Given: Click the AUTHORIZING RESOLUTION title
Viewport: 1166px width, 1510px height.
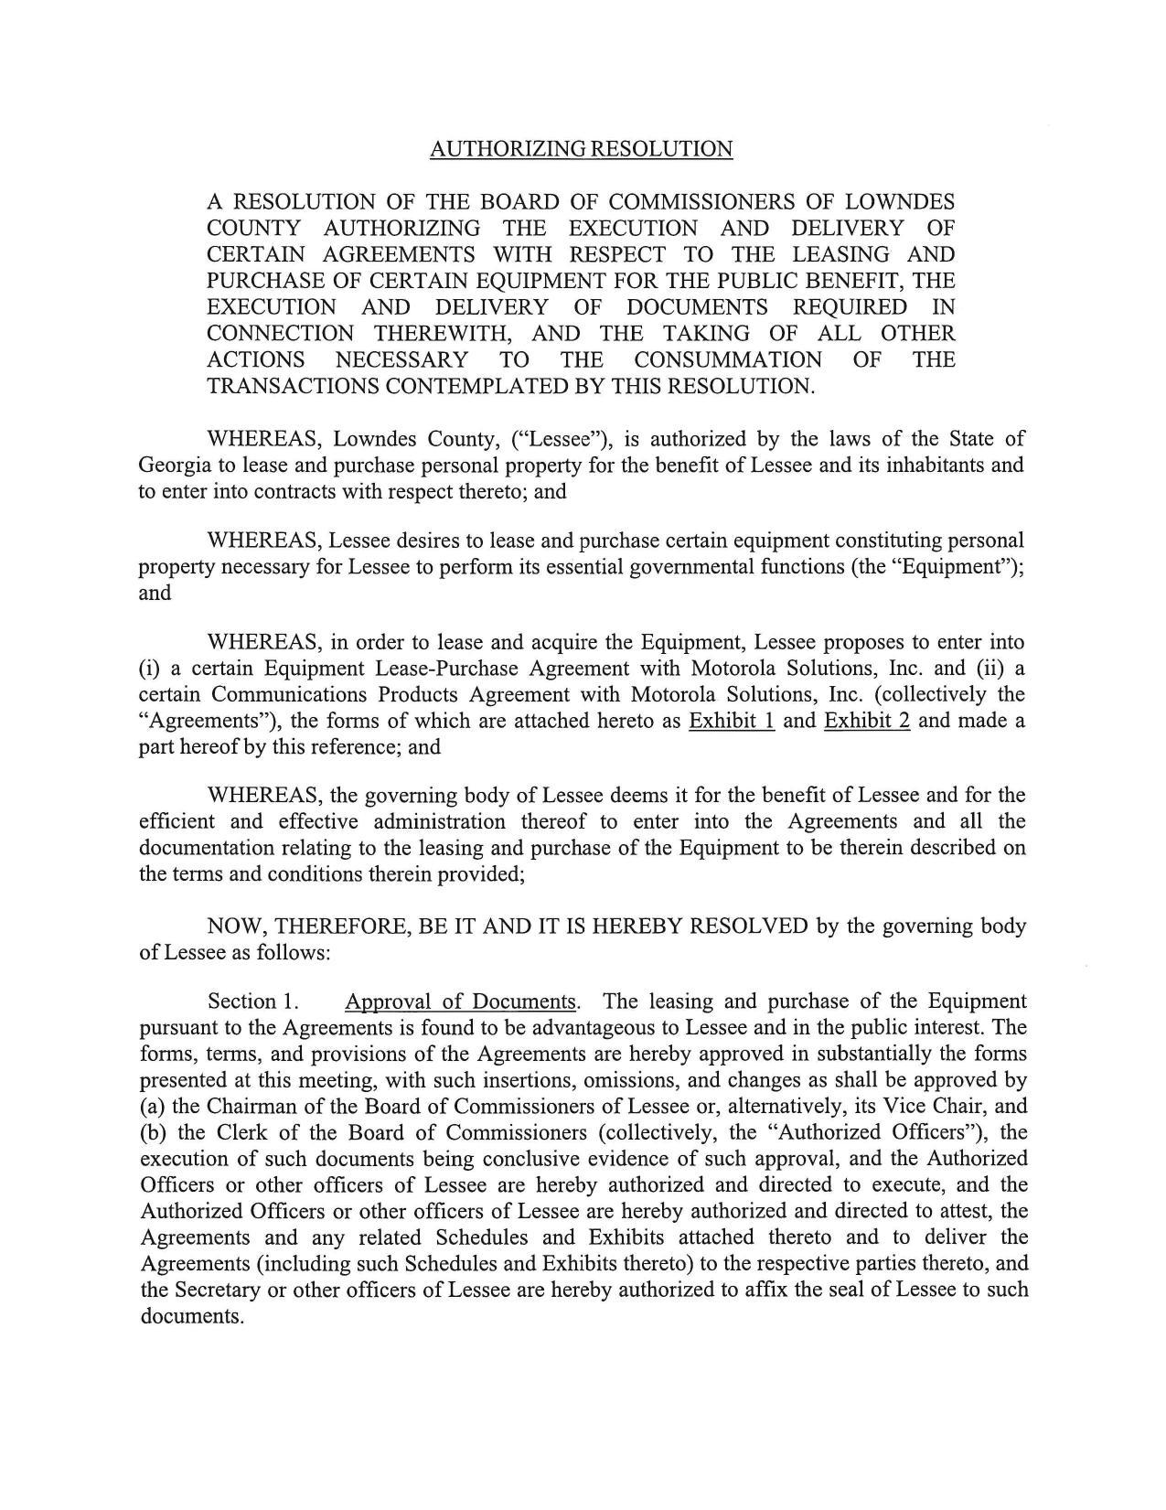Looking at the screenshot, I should (581, 149).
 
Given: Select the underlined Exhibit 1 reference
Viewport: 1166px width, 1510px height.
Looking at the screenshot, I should (732, 721).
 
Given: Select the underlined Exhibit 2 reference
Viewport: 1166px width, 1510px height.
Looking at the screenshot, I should (866, 721).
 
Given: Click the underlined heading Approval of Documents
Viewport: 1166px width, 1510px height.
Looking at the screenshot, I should (462, 1001).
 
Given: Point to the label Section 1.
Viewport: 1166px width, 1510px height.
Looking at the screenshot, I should (254, 1001).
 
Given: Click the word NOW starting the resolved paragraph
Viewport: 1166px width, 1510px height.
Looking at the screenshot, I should (233, 926).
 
